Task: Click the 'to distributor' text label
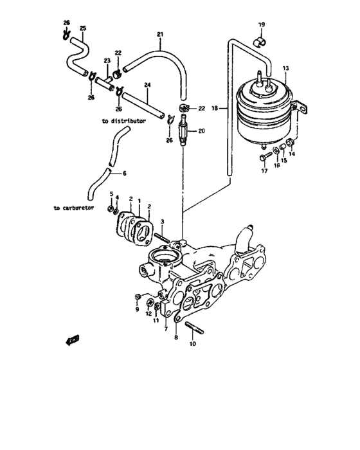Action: pyautogui.click(x=123, y=120)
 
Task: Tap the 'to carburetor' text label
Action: pyautogui.click(x=75, y=208)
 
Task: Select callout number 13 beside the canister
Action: pyautogui.click(x=285, y=67)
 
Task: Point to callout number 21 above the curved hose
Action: pyautogui.click(x=160, y=33)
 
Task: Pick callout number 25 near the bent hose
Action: pyautogui.click(x=82, y=28)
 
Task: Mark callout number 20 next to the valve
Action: pyautogui.click(x=202, y=131)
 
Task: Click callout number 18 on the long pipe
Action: pyautogui.click(x=215, y=109)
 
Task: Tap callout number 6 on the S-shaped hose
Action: pyautogui.click(x=125, y=173)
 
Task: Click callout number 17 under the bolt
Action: pyautogui.click(x=264, y=170)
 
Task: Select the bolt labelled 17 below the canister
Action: pyautogui.click(x=264, y=156)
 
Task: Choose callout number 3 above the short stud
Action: pyautogui.click(x=163, y=222)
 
